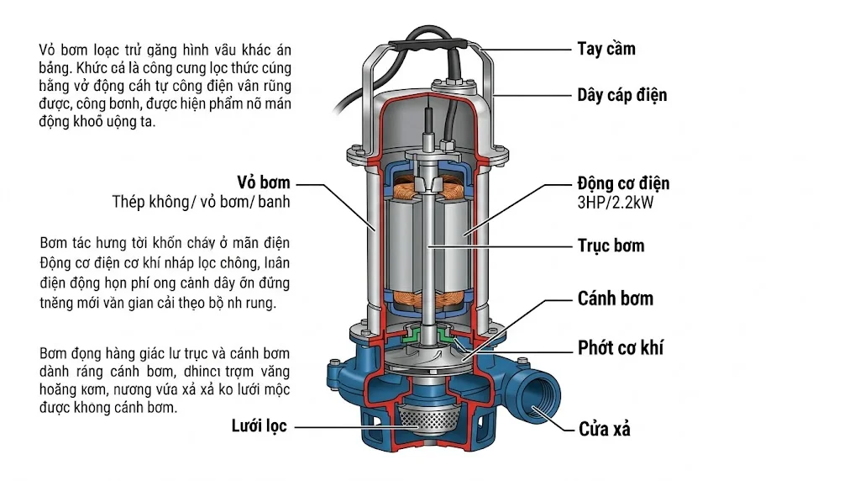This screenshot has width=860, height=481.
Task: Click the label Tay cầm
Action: pyautogui.click(x=606, y=49)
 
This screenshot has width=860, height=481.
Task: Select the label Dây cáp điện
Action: pyautogui.click(x=621, y=94)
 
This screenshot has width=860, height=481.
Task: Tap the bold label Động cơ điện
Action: pyautogui.click(x=622, y=184)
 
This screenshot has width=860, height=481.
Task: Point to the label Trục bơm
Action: pyautogui.click(x=611, y=246)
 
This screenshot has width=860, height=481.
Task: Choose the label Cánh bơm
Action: pyautogui.click(x=615, y=299)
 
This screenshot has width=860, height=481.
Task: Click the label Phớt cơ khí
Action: pyautogui.click(x=620, y=347)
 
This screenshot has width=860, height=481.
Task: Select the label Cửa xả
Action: pyautogui.click(x=604, y=429)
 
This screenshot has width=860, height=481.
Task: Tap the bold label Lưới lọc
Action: pyautogui.click(x=260, y=426)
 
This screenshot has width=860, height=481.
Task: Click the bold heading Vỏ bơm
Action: pyautogui.click(x=263, y=183)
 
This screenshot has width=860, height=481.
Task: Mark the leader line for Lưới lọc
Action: pyautogui.click(x=336, y=427)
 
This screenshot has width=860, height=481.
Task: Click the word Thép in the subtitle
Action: pyautogui.click(x=130, y=202)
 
